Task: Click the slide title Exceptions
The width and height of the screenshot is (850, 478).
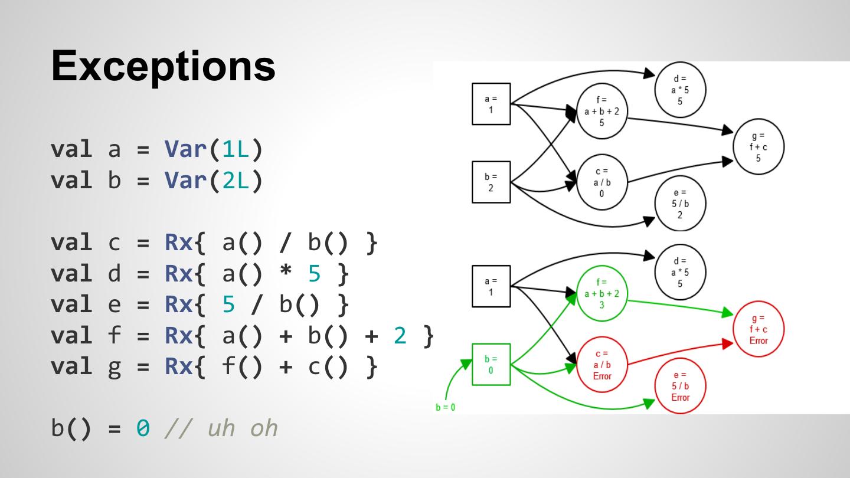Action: tap(163, 66)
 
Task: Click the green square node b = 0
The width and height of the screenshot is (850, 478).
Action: tap(491, 365)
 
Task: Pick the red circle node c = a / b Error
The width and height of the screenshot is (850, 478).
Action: tap(601, 365)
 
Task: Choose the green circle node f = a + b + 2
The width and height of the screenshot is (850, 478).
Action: tap(601, 293)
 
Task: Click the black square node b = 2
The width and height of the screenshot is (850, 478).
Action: tap(491, 182)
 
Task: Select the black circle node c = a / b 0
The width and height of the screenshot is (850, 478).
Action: tap(601, 182)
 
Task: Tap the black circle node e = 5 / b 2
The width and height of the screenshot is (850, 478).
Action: tap(680, 203)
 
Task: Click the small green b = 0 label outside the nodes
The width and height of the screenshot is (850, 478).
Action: tap(446, 407)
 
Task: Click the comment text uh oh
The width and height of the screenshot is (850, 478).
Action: tap(243, 428)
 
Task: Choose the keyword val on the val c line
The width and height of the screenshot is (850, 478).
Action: tap(71, 243)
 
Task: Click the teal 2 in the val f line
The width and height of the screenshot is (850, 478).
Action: tap(401, 336)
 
